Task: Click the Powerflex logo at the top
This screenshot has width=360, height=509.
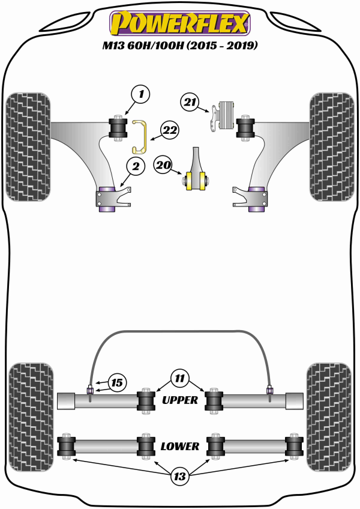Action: [x=179, y=22]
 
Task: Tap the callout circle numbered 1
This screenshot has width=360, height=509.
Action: [x=140, y=94]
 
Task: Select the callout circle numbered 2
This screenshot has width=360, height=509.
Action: [x=136, y=167]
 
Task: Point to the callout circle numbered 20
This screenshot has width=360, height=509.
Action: [x=163, y=164]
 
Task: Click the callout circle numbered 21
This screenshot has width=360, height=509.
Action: [x=191, y=103]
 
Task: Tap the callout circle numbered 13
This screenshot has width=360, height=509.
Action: [x=179, y=477]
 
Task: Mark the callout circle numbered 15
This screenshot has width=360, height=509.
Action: [x=117, y=382]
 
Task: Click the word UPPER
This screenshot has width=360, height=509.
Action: [x=179, y=400]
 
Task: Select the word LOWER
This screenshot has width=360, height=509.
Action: [x=179, y=446]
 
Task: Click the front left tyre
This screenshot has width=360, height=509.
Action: [x=28, y=145]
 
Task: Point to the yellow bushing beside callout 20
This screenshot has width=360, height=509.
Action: [x=196, y=179]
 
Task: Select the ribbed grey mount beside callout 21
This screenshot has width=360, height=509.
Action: [x=226, y=114]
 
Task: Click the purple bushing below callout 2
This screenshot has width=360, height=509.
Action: [x=107, y=199]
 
